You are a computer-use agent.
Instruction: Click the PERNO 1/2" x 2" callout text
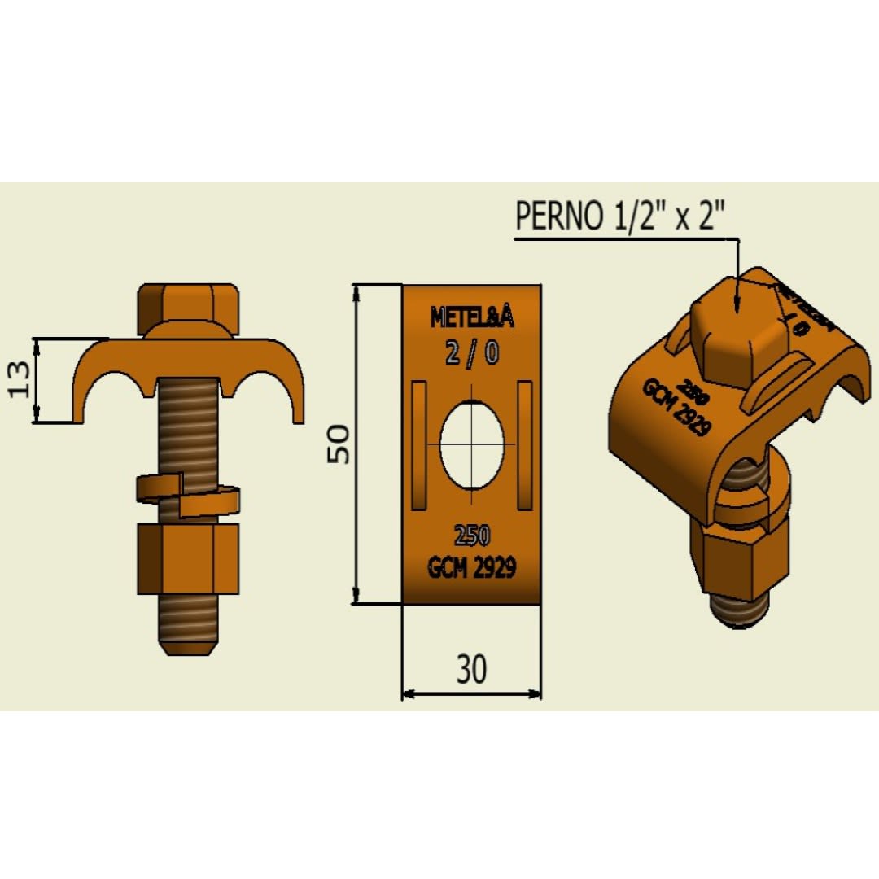pos(620,216)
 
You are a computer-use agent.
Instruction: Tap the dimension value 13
pos(22,379)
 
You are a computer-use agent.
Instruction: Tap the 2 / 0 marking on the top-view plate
pos(472,353)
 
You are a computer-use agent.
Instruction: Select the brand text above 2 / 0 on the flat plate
pos(472,318)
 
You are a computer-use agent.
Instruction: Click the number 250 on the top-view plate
pos(472,536)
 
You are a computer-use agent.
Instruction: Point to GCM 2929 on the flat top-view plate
pos(472,567)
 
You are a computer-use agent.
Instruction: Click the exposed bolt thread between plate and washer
pos(188,431)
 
